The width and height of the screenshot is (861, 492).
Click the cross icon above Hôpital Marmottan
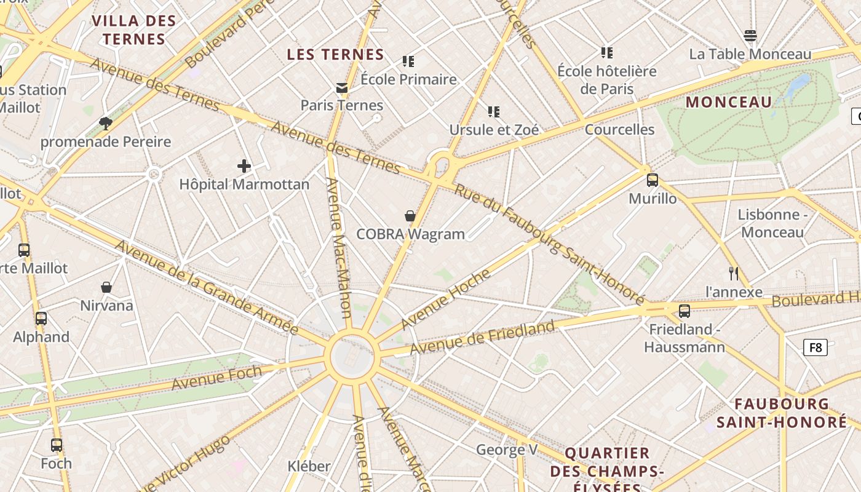(x=244, y=166)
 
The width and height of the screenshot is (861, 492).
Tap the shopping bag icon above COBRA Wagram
(x=410, y=216)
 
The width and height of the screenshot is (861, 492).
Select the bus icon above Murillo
(x=653, y=180)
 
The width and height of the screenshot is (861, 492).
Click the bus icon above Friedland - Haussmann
(x=684, y=311)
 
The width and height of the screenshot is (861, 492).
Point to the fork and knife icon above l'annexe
(x=733, y=274)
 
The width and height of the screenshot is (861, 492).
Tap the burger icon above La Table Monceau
(x=750, y=36)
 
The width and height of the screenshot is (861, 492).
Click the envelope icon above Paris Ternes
(x=342, y=88)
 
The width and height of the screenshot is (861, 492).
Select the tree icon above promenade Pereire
(x=106, y=124)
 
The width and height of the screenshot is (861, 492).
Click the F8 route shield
(x=815, y=347)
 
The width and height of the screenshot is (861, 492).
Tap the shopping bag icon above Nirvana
(x=106, y=287)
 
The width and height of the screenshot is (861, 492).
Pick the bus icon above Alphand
(x=41, y=319)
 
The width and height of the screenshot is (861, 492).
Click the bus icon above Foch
(x=57, y=445)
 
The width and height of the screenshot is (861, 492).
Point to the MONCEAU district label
(x=729, y=102)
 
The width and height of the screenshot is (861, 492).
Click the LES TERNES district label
(x=336, y=55)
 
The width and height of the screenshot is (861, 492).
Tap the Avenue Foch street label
(x=216, y=377)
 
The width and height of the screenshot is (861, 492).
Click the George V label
(x=507, y=450)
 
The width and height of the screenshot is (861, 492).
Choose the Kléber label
(x=309, y=466)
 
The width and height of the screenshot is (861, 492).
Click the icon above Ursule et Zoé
(x=494, y=112)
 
